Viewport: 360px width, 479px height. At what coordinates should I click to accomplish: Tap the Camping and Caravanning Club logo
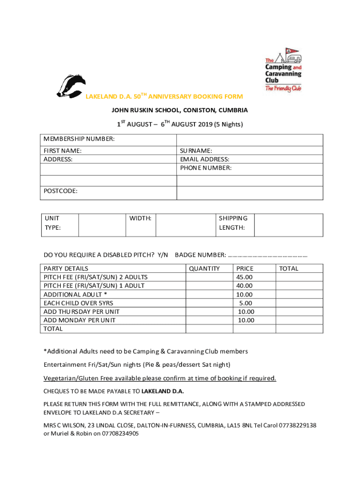pos(283,70)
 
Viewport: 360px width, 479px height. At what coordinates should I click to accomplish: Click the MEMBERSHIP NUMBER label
pos(79,139)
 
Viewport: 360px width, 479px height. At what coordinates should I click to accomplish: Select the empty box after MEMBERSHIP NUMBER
pos(249,139)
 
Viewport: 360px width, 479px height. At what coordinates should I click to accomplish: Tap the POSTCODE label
pos(61,191)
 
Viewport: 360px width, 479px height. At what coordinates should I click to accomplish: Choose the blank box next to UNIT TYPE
pos(102,225)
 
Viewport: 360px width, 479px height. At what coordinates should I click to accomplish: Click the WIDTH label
pos(140,218)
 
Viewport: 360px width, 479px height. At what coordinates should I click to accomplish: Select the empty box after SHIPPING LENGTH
pos(288,225)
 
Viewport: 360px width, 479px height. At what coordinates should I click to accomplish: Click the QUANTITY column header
pos(204,269)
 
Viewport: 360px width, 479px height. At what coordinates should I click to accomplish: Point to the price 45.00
pos(245,277)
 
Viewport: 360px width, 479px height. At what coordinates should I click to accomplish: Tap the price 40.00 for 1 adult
pos(245,285)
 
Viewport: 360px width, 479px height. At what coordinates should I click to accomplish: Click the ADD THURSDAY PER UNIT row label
pos(81,312)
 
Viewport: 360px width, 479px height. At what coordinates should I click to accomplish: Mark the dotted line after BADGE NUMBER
pos(268,255)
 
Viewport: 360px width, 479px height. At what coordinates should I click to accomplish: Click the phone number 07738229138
pos(298,425)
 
